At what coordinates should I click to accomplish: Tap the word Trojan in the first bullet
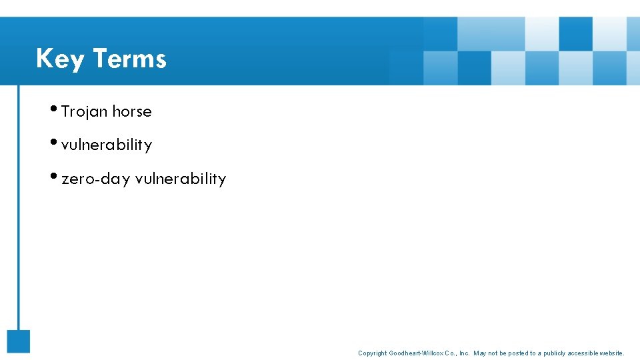point(84,112)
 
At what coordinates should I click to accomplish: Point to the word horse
point(132,112)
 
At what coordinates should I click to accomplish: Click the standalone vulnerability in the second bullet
point(107,145)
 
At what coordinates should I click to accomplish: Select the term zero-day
point(95,179)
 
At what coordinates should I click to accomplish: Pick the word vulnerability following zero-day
point(181,179)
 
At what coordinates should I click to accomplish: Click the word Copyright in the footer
point(372,353)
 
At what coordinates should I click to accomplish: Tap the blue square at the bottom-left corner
point(19,341)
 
